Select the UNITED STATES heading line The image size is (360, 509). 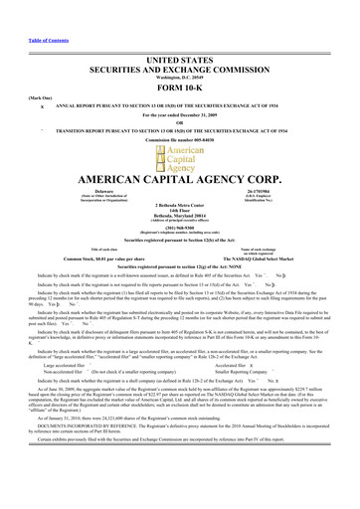coord(180,33)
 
